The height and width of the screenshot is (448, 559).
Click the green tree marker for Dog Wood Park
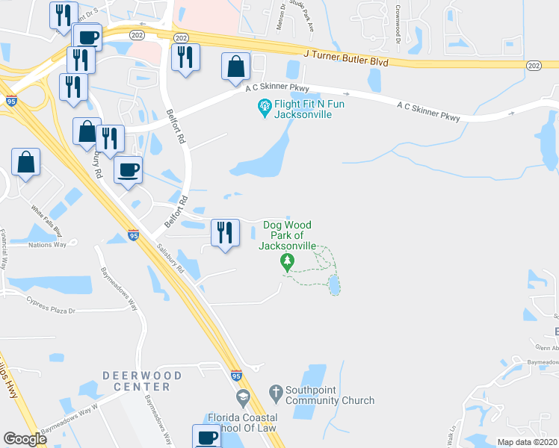coord(285,261)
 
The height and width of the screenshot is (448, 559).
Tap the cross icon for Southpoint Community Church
coord(276,391)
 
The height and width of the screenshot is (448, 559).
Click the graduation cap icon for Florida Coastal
coord(241,396)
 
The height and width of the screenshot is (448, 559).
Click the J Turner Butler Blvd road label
coord(346,58)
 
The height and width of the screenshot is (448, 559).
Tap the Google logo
coord(25,438)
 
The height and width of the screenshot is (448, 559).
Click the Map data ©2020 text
coord(528,442)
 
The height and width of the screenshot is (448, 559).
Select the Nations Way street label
coord(47,245)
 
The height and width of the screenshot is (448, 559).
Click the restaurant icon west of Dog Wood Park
coord(224,234)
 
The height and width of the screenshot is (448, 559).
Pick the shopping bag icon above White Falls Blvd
coord(25,163)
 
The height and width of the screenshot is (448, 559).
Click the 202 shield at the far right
coord(533,66)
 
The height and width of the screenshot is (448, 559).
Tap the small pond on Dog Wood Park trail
coord(333,284)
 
